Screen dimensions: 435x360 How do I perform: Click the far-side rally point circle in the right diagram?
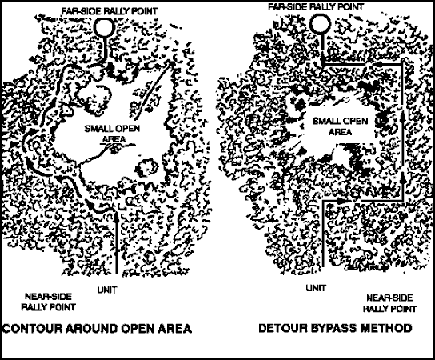[x=309, y=23]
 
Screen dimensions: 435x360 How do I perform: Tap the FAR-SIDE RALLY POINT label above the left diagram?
[x=110, y=11]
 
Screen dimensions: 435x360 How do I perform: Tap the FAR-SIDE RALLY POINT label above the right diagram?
[x=316, y=6]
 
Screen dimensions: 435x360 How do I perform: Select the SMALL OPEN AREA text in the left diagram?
[x=112, y=134]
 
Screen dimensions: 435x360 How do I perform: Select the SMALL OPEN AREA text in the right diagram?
[x=340, y=126]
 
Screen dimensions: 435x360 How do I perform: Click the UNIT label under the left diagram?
[x=107, y=290]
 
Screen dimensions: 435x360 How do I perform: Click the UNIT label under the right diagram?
[x=316, y=288]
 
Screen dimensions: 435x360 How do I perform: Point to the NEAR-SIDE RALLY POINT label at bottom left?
[x=49, y=302]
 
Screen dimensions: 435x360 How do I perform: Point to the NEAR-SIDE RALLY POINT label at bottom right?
[x=389, y=303]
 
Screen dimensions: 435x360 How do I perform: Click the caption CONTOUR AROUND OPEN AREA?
[x=97, y=328]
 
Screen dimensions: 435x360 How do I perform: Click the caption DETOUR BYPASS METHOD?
[x=335, y=328]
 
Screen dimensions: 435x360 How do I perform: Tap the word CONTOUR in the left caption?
[x=32, y=328]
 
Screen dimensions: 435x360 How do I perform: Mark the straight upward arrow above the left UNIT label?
[x=117, y=242]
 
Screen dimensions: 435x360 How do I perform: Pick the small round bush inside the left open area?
[x=146, y=167]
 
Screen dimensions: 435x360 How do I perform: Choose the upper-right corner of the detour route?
[x=401, y=64]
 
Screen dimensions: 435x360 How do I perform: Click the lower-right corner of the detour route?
[x=402, y=199]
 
